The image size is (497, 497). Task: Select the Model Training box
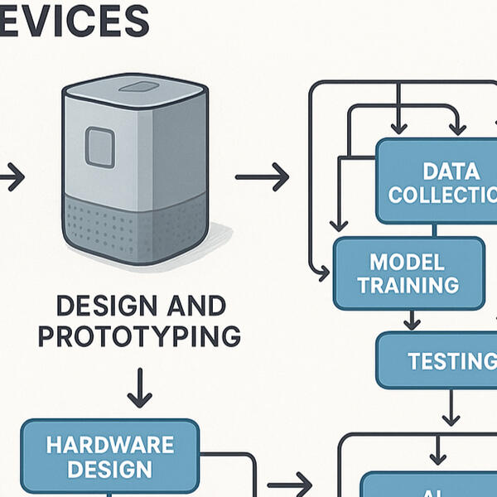point(409,273)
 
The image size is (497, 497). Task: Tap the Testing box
point(437,361)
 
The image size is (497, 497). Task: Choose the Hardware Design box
point(109,456)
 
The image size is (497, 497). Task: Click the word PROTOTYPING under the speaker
point(139,336)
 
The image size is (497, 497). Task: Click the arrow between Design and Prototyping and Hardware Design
point(139,387)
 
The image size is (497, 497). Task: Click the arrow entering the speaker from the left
point(12,176)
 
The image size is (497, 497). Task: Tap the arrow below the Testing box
point(451,407)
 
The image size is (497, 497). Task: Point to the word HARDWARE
point(109,444)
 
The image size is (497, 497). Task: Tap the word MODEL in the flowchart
point(408,263)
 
